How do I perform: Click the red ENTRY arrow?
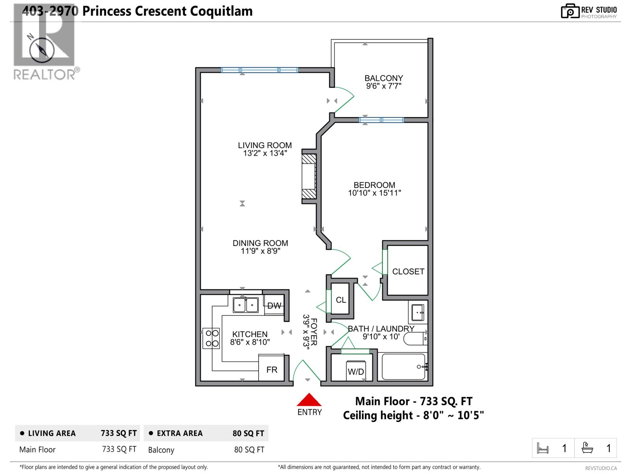tap(309, 400)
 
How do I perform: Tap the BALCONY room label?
tap(383, 78)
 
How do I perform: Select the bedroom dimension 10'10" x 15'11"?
tap(374, 193)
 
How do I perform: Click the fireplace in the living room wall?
tap(309, 176)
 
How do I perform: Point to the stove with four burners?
tap(211, 338)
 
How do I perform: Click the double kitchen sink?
tap(245, 305)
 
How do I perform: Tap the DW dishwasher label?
tap(274, 306)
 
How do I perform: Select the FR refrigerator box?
tap(272, 370)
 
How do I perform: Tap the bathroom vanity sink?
tap(417, 313)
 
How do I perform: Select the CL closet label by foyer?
tap(341, 300)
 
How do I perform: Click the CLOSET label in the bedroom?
tap(408, 272)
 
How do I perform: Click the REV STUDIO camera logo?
tap(570, 11)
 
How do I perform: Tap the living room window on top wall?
tap(259, 70)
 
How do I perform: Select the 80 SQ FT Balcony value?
tap(249, 450)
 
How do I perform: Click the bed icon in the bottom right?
tap(543, 449)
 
